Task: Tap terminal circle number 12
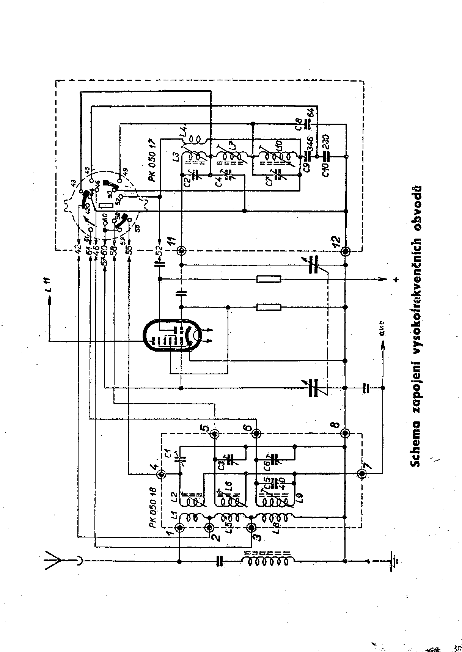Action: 346,251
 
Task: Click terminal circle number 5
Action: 215,434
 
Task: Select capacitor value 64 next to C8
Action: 310,113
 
